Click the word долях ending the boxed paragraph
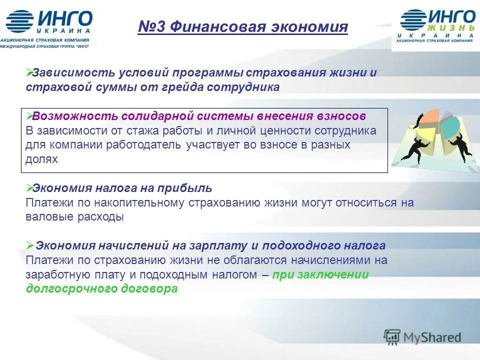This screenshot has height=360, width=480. point(41,160)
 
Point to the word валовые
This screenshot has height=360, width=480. point(46,217)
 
